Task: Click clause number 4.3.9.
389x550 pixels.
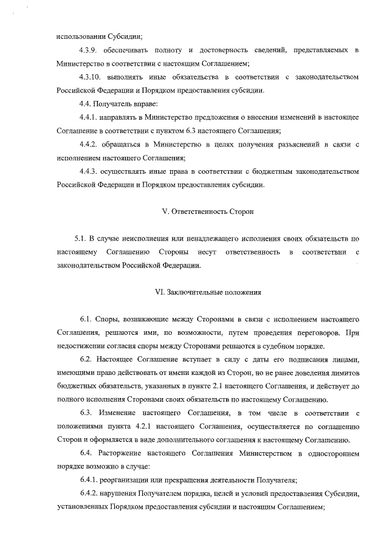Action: [x=90, y=49]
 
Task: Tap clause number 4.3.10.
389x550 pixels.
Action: [x=92, y=78]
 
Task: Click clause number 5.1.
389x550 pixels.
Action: [x=81, y=238]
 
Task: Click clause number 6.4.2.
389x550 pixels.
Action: [x=90, y=493]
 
